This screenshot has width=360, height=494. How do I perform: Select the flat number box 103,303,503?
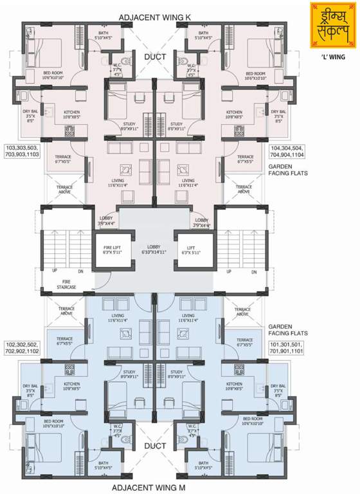click(x=23, y=152)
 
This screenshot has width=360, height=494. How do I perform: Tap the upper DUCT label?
click(x=154, y=57)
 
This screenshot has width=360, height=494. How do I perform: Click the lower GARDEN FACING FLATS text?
click(x=289, y=330)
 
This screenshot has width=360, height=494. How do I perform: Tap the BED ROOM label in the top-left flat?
click(x=53, y=75)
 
